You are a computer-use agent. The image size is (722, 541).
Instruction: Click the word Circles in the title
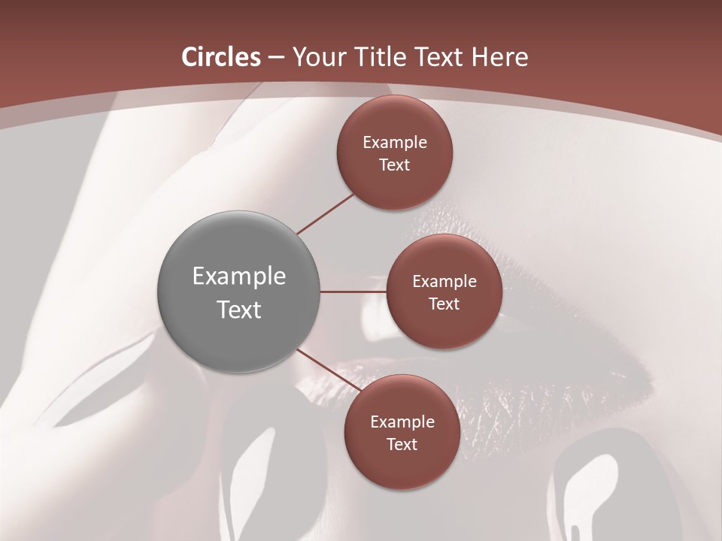pos(221,57)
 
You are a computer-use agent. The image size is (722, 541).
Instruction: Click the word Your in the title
pos(317,57)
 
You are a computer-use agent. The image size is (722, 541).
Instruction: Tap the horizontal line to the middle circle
pos(353,292)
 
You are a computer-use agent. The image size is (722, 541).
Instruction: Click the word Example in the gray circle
pos(239,277)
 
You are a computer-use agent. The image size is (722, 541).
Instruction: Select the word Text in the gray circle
pos(239,310)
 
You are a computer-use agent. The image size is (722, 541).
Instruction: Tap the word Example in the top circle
pos(395,143)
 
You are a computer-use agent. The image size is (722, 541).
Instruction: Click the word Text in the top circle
pos(395,165)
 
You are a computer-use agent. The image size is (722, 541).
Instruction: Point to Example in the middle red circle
pos(444,282)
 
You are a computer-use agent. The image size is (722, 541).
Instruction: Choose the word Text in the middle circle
pos(444,304)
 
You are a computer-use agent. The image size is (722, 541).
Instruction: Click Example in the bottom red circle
pos(402,422)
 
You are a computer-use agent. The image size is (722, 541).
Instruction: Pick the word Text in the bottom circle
pos(402,444)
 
